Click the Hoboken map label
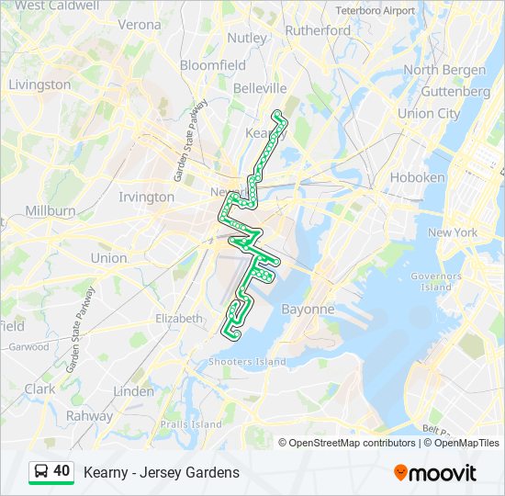[x=418, y=176]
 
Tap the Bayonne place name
[x=308, y=309]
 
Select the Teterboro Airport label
[x=375, y=10]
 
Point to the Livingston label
[x=39, y=85]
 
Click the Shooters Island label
[x=247, y=362]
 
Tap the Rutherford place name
[x=318, y=30]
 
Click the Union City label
[x=429, y=114]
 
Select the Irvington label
[x=147, y=197]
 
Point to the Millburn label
[x=50, y=210]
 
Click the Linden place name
[x=133, y=390]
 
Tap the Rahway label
[x=89, y=415]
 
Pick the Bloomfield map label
[x=213, y=65]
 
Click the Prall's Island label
[x=191, y=424]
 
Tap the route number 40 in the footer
[x=62, y=471]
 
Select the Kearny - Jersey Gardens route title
[x=162, y=472]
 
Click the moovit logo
[x=435, y=472]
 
